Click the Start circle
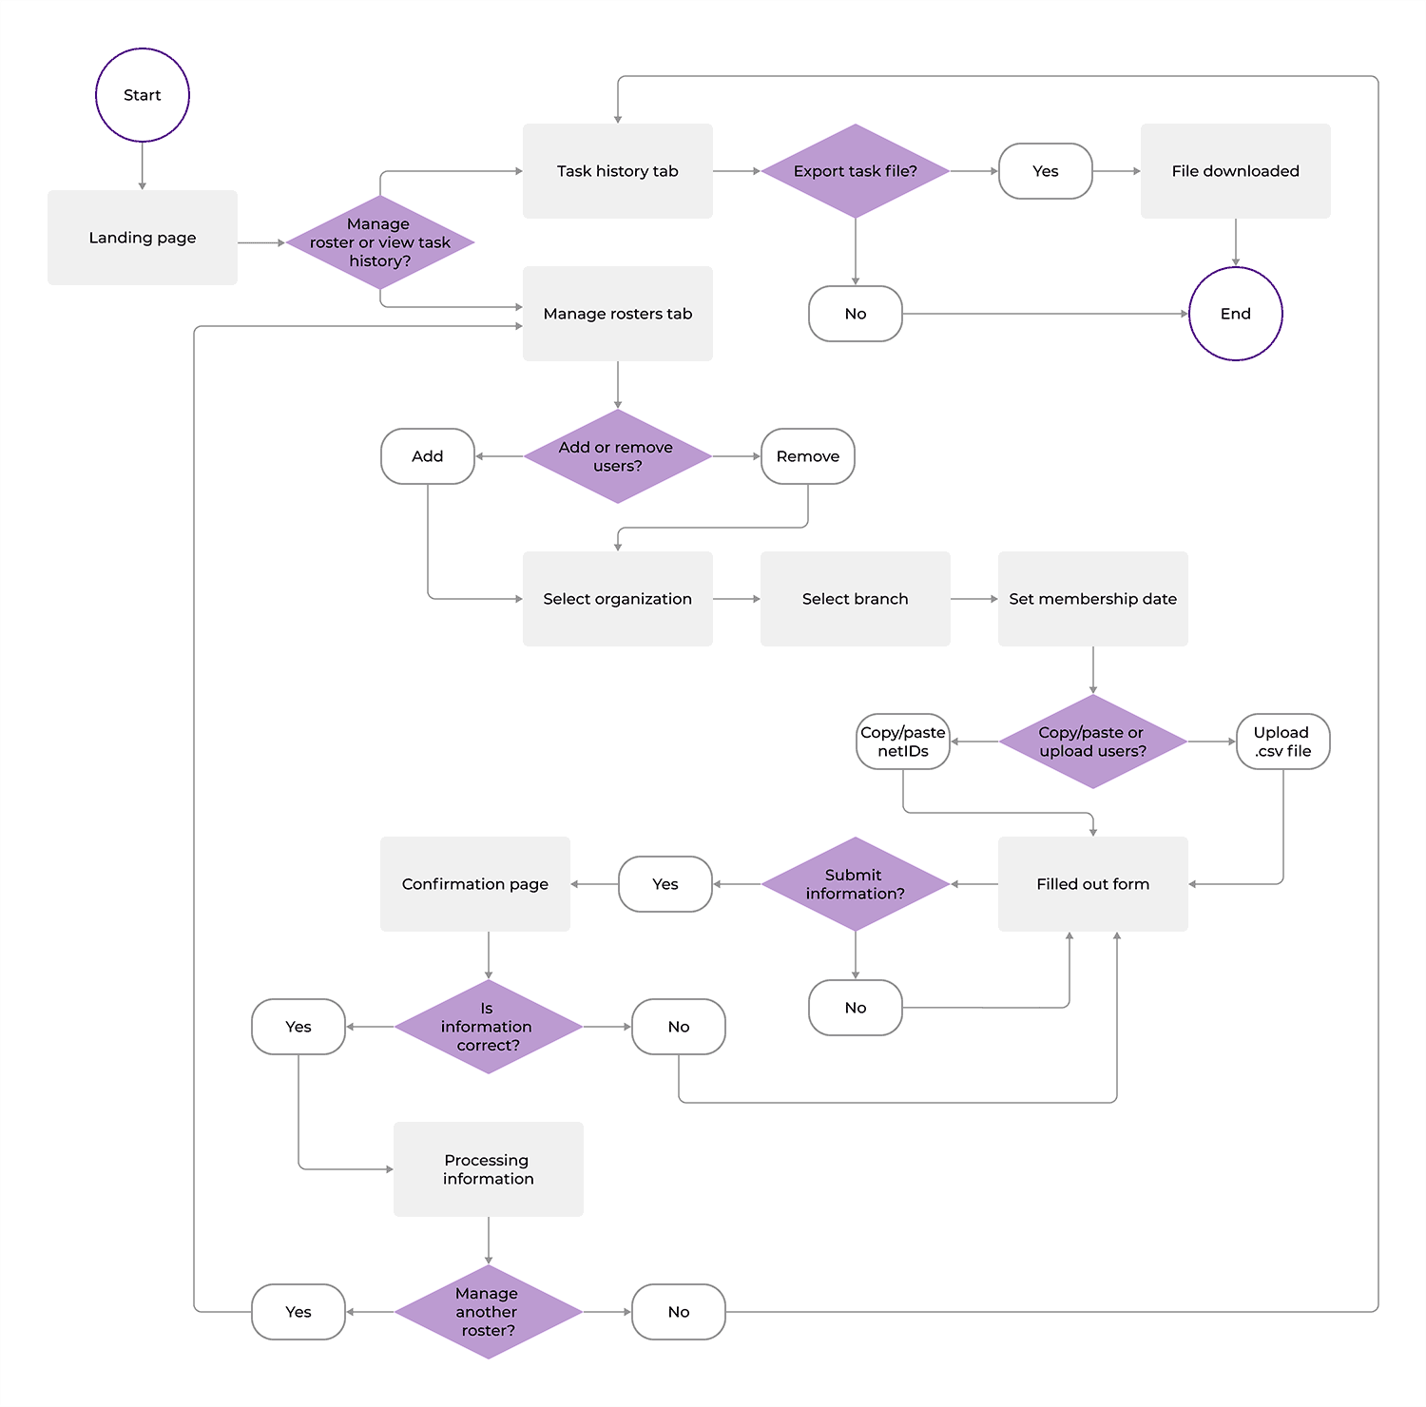click(x=143, y=95)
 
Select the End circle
click(x=1235, y=314)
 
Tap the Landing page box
click(x=143, y=238)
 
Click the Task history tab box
click(x=617, y=171)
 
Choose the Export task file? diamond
click(x=855, y=171)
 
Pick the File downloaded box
click(x=1235, y=171)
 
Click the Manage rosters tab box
click(x=617, y=314)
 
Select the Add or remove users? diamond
click(x=617, y=456)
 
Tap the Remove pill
click(x=807, y=456)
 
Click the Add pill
click(x=428, y=456)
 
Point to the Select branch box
click(x=855, y=599)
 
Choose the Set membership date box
click(x=1092, y=599)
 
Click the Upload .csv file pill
click(x=1282, y=742)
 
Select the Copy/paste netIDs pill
click(x=902, y=742)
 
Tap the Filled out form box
click(x=1092, y=884)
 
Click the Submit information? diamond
click(x=855, y=884)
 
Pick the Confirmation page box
click(x=475, y=884)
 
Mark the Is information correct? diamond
click(x=488, y=1027)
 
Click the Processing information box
click(x=488, y=1169)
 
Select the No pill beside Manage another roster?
click(x=678, y=1312)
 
